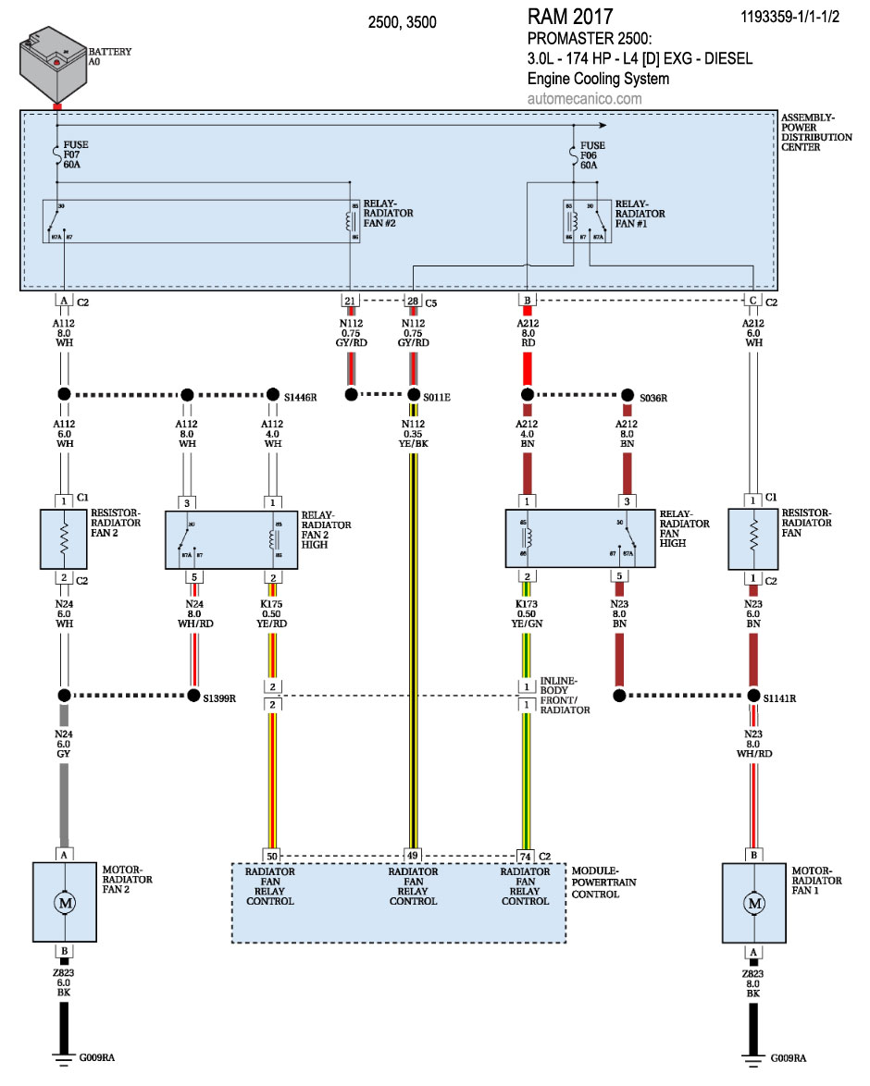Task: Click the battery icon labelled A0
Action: [54, 67]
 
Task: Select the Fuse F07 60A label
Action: [77, 154]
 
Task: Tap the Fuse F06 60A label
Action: [592, 154]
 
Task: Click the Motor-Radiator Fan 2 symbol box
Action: [64, 902]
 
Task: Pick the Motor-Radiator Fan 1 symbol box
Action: [754, 902]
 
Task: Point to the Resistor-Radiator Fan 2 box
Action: [64, 538]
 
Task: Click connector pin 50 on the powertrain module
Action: [271, 856]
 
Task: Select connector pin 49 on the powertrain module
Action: [413, 856]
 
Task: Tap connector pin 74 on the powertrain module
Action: [525, 856]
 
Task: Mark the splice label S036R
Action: [653, 397]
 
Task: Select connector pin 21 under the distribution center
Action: [350, 301]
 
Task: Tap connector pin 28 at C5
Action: [412, 301]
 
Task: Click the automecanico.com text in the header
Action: [584, 99]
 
